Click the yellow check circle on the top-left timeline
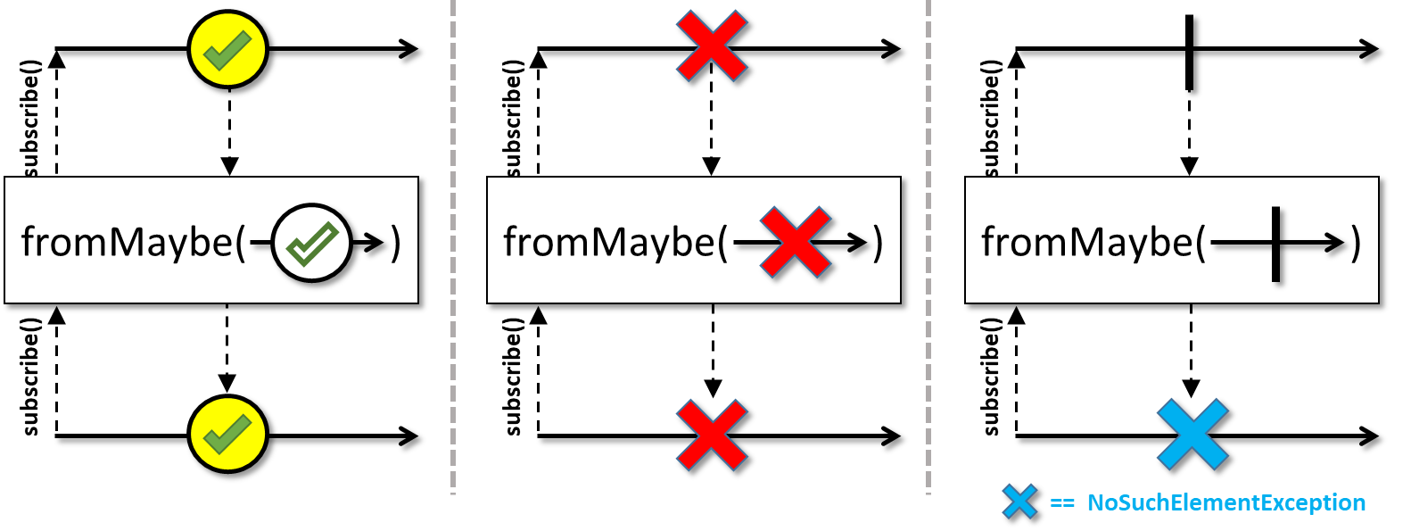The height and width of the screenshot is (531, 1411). point(227,49)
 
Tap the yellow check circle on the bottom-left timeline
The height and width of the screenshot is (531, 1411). point(227,435)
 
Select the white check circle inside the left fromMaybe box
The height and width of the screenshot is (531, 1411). point(312,242)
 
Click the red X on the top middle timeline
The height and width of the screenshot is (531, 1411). point(711,46)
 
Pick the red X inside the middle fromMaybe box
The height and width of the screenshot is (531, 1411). point(795,243)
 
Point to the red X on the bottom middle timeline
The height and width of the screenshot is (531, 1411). point(712,435)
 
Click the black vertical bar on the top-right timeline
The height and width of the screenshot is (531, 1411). point(1189,51)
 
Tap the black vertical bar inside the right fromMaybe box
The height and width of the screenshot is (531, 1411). point(1275,243)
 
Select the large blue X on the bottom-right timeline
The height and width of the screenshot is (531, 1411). point(1192,435)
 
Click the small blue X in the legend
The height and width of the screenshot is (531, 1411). point(1019,502)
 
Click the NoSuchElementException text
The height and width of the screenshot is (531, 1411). point(1225,503)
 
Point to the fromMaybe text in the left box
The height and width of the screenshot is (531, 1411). point(127,242)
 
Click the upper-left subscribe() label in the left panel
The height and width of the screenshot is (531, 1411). point(31,118)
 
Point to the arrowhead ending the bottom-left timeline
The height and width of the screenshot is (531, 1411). point(410,436)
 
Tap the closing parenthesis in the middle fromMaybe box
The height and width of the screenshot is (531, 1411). point(879,243)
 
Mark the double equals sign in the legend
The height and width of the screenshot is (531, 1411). point(1062,503)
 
